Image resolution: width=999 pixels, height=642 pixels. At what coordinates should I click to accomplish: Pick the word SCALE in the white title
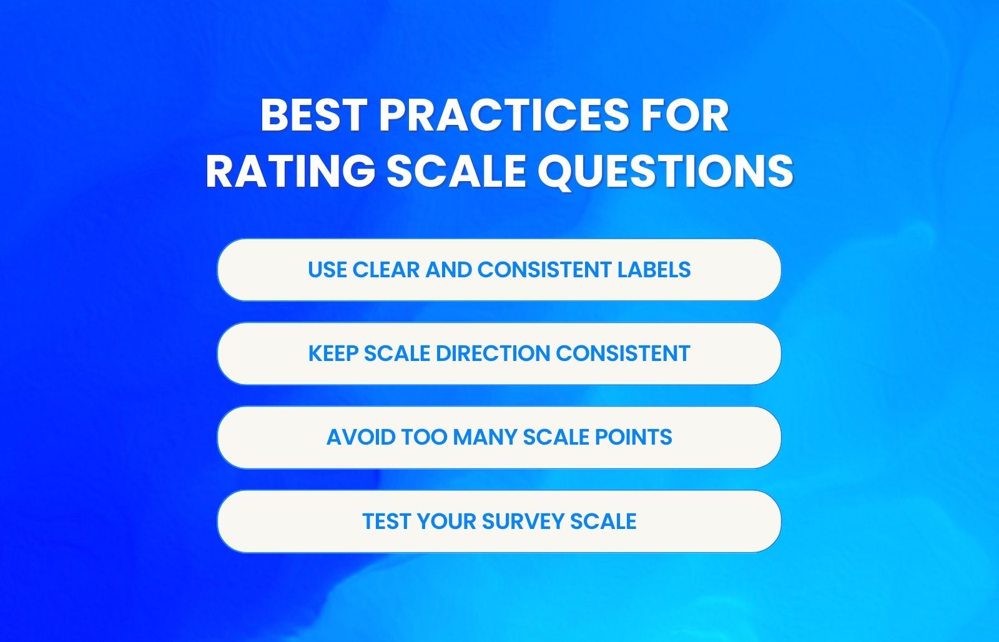456,170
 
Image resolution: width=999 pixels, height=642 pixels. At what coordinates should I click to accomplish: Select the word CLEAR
386,270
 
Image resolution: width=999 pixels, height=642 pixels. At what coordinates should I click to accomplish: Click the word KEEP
333,353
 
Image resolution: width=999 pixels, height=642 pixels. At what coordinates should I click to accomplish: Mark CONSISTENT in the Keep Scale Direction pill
623,353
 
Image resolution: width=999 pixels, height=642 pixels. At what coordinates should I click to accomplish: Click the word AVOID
360,437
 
